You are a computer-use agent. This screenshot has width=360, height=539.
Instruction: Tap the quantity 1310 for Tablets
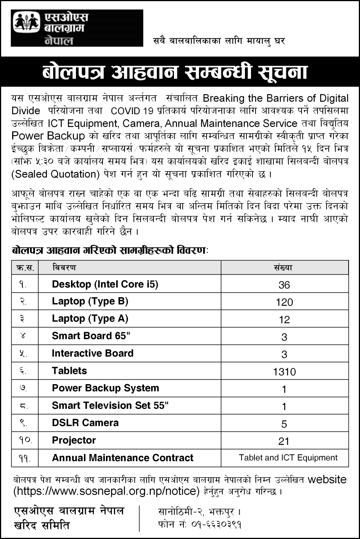(x=284, y=372)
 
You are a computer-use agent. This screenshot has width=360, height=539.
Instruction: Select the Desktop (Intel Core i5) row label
(x=105, y=284)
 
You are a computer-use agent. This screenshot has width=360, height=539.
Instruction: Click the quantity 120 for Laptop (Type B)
(x=284, y=302)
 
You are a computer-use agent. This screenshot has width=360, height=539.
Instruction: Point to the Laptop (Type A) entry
(x=90, y=318)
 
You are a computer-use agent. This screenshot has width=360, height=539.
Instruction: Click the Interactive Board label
(x=93, y=353)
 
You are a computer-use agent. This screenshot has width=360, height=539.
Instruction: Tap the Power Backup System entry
(x=105, y=388)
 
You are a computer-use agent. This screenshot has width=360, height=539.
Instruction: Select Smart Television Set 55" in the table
(x=110, y=405)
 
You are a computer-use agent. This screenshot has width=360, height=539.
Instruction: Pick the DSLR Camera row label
(x=85, y=422)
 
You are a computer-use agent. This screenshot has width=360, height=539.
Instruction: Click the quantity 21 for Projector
(x=284, y=441)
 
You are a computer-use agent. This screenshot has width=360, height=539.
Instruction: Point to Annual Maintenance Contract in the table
(x=123, y=458)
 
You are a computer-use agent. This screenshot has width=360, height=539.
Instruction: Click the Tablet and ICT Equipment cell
(x=288, y=457)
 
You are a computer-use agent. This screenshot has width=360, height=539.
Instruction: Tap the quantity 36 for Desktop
(x=284, y=285)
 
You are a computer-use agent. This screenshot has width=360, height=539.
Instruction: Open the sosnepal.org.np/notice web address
(x=106, y=491)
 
